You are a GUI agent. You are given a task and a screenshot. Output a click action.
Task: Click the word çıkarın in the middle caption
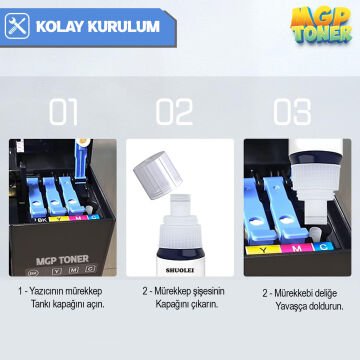(x=201, y=304)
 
